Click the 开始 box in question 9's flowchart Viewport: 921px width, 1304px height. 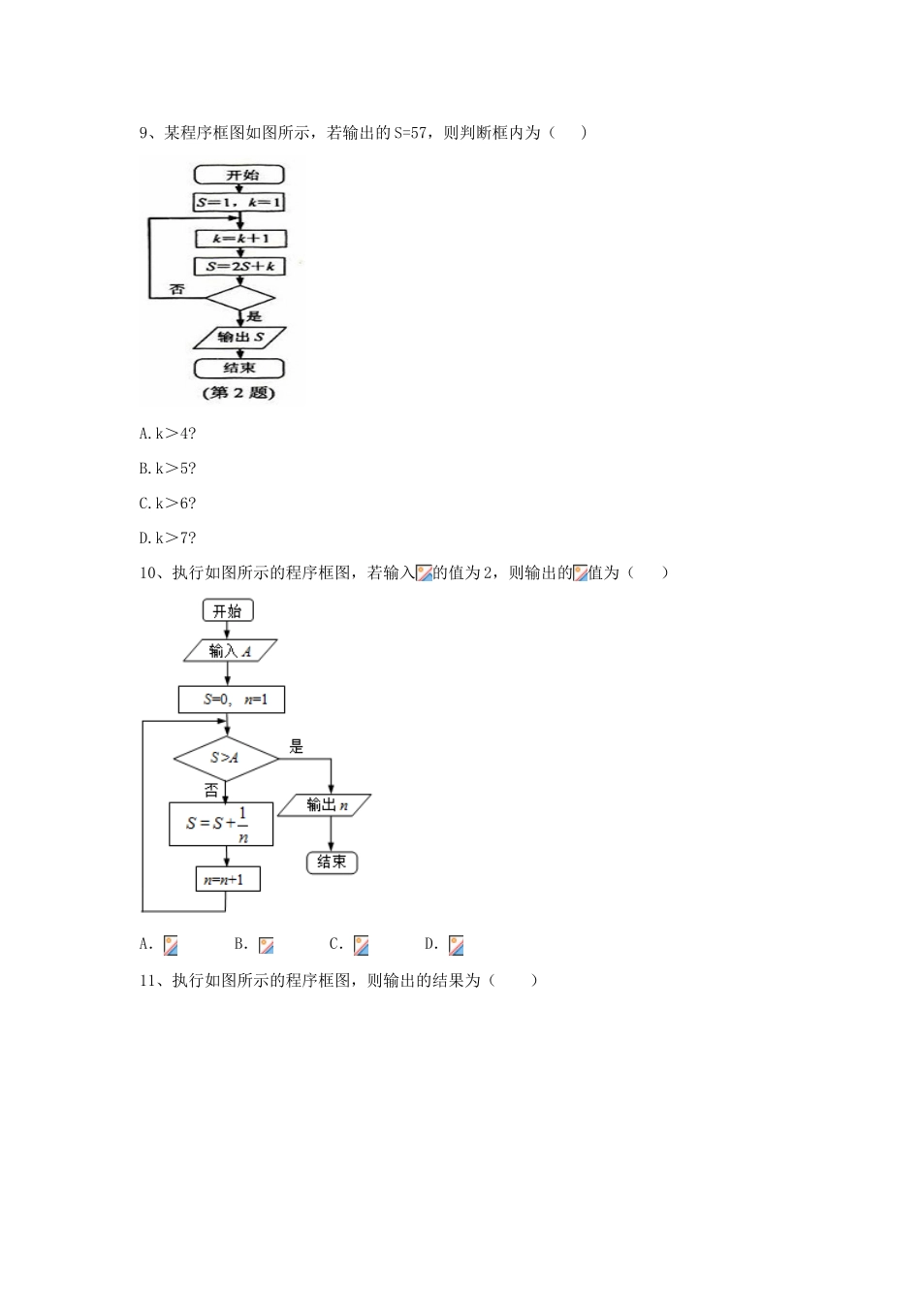coord(239,175)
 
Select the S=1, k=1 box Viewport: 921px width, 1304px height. coord(239,203)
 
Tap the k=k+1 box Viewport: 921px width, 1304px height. coord(239,238)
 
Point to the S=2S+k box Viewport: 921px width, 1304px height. coord(239,266)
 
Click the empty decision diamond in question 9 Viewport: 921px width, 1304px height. coord(239,296)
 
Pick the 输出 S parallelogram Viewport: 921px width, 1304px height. coord(239,338)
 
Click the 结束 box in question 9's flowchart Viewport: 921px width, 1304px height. coord(239,368)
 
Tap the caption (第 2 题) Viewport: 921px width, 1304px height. coord(238,393)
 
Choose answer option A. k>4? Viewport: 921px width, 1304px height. coord(168,433)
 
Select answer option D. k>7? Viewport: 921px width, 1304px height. coord(168,538)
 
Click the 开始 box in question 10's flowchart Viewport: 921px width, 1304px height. coord(228,610)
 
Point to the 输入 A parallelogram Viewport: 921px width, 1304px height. coord(231,651)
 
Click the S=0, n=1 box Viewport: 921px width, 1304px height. coord(232,700)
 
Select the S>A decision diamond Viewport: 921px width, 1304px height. coord(225,757)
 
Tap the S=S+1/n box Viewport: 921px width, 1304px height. coord(220,824)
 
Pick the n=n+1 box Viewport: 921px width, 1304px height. coord(226,880)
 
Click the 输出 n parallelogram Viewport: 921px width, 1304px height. coord(325,805)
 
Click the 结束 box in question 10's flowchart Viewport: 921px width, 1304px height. coord(332,862)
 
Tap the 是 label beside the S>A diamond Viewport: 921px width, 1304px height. coord(297,747)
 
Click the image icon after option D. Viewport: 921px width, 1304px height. coord(456,945)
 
